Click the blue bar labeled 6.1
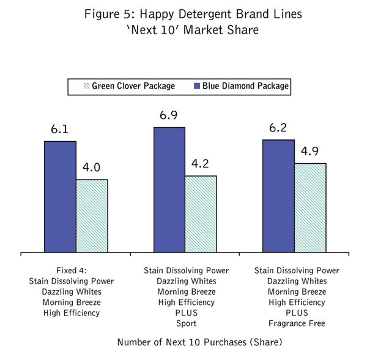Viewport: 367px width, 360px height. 60,196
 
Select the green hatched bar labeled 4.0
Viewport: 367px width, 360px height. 92,215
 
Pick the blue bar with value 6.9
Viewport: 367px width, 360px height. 169,189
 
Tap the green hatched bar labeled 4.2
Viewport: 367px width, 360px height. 201,213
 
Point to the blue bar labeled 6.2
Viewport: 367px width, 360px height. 278,196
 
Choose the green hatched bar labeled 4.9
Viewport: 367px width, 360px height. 310,207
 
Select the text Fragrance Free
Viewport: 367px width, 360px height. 297,323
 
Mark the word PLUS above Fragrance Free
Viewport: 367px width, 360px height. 297,313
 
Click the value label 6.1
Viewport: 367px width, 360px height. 60,130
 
